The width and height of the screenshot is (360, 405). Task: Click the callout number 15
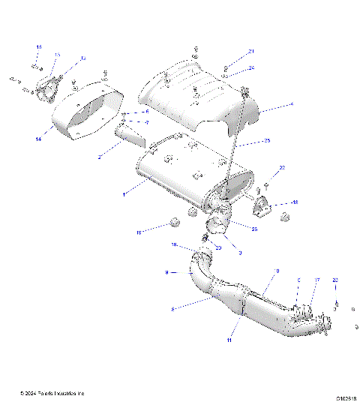point(39,46)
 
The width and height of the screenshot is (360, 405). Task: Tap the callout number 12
point(82,58)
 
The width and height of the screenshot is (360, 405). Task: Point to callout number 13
point(58,55)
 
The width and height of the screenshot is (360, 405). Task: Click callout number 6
point(147,112)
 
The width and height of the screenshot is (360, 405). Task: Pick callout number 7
point(147,122)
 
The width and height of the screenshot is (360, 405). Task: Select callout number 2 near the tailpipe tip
point(100,157)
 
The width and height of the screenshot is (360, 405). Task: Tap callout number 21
point(252,51)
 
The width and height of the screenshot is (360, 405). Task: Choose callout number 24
point(252,67)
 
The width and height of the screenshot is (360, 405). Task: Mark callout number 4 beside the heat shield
point(292,103)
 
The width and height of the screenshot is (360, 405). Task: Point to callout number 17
point(316,280)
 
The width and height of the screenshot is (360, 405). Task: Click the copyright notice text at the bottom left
point(52,393)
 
